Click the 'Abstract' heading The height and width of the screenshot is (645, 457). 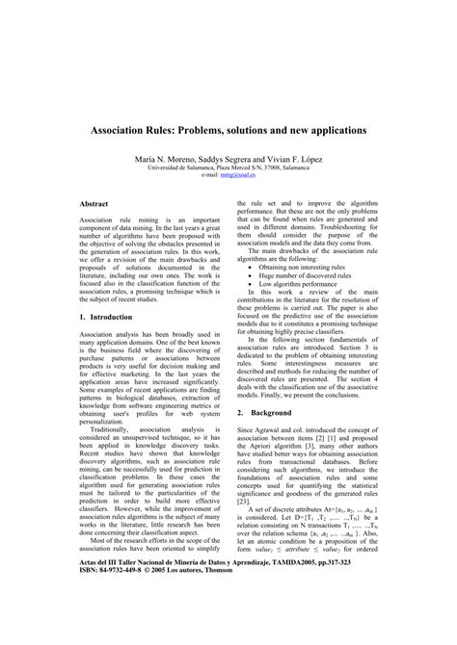[94, 205]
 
